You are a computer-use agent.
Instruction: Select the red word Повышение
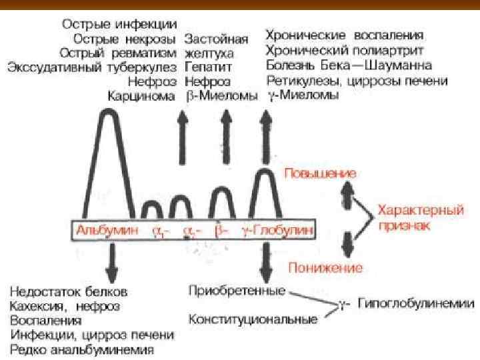coord(320,173)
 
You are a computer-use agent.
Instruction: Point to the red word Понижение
coord(325,268)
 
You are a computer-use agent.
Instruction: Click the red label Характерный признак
coord(419,217)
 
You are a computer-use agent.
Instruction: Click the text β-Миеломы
coord(221,95)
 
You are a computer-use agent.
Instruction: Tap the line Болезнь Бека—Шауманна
coord(348,65)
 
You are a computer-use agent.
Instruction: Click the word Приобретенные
coord(237,291)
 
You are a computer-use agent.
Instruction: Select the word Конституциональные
coord(253,319)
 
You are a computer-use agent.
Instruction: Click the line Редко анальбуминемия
coord(82,349)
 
